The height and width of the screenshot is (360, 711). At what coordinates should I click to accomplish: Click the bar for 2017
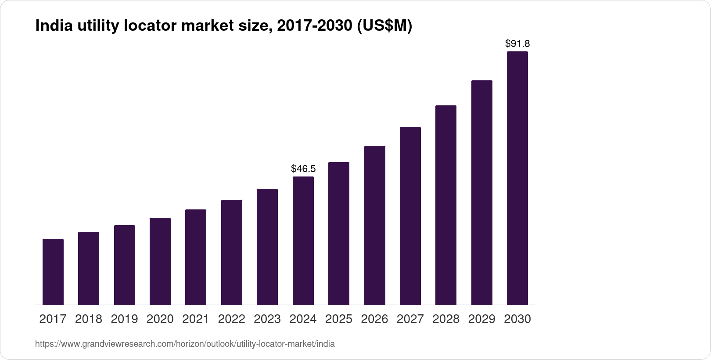tap(53, 272)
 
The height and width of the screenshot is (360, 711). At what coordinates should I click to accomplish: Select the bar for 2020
tap(160, 261)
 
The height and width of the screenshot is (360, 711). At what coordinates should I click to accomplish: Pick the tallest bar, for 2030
tap(517, 178)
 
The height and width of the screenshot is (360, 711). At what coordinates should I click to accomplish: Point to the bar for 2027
tap(410, 216)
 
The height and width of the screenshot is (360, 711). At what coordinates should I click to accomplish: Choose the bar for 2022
tap(232, 252)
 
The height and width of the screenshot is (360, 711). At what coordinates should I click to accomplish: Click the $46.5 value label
tap(303, 169)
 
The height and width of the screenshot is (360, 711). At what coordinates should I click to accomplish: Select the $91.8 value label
tap(517, 43)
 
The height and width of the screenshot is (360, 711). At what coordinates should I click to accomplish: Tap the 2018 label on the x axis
tap(89, 319)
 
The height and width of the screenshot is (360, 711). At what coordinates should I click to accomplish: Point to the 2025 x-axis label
tap(339, 319)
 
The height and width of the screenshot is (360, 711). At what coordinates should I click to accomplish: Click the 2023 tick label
tap(267, 319)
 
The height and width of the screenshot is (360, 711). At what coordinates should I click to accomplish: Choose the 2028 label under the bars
tap(446, 319)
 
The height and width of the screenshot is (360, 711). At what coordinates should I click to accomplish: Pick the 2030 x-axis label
tap(517, 319)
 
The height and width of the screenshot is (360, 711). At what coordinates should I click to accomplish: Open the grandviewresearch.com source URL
tap(185, 344)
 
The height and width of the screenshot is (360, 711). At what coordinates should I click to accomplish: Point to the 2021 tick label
tap(196, 319)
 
